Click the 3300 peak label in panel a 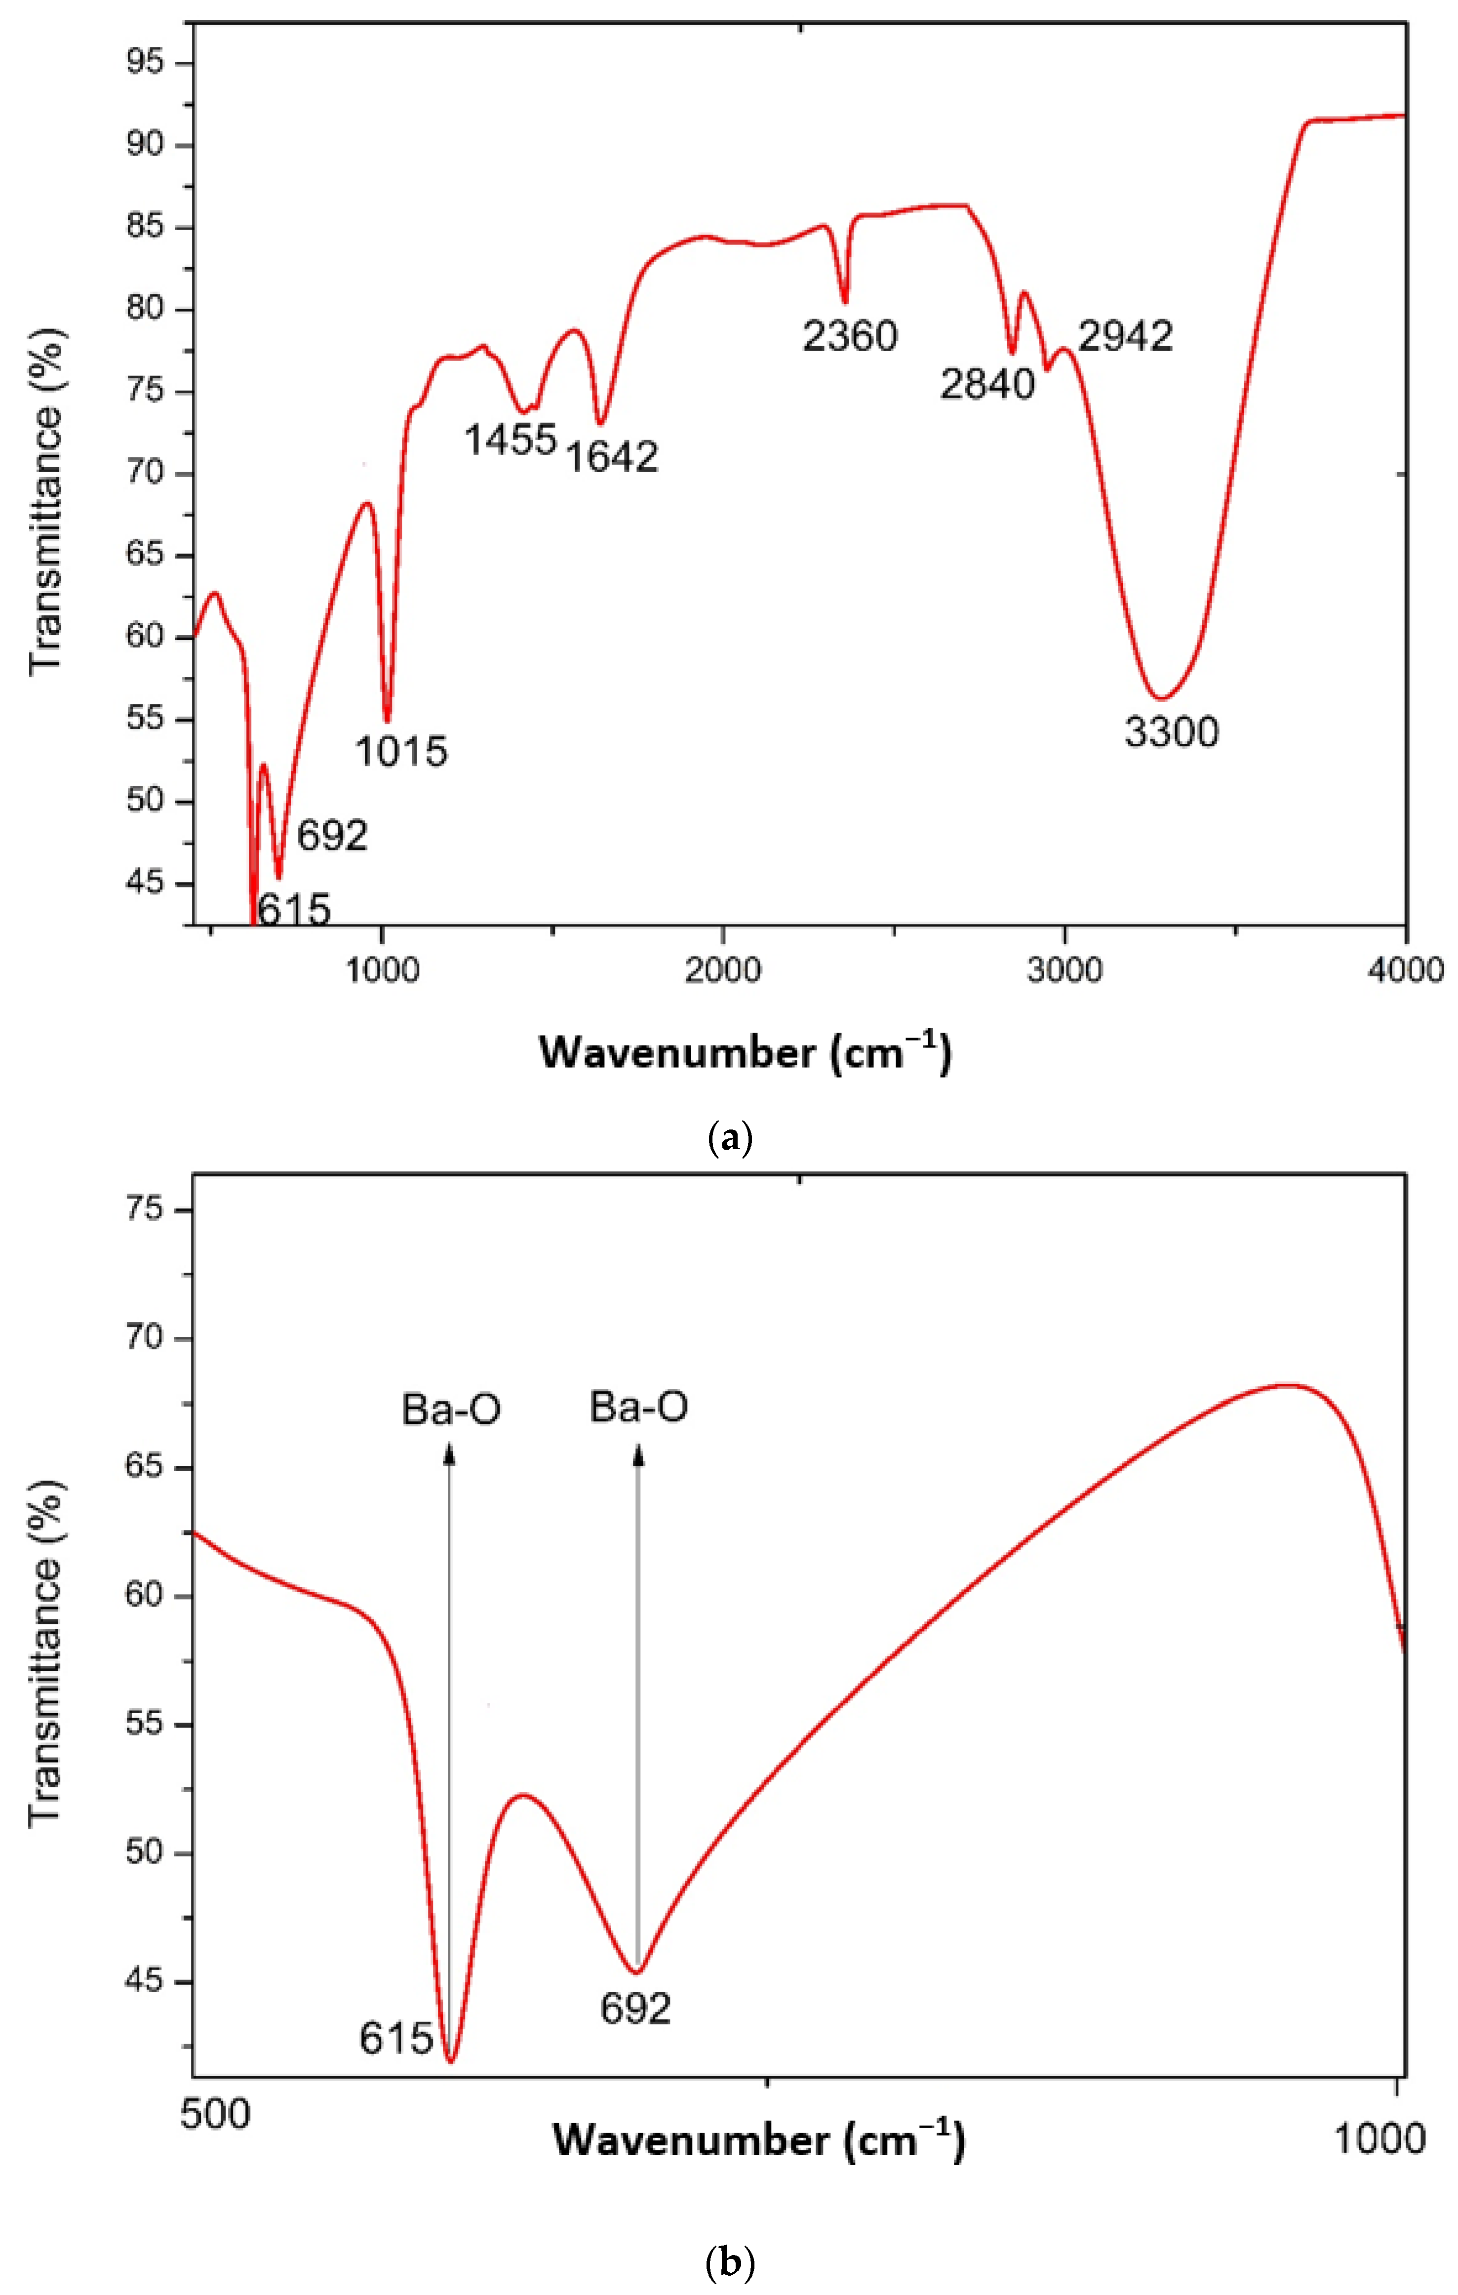point(1171,732)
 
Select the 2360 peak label point(850,336)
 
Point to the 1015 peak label point(401,752)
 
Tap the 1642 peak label point(612,457)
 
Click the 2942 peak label point(1125,336)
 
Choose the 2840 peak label point(987,384)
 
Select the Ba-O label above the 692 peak point(638,1407)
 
